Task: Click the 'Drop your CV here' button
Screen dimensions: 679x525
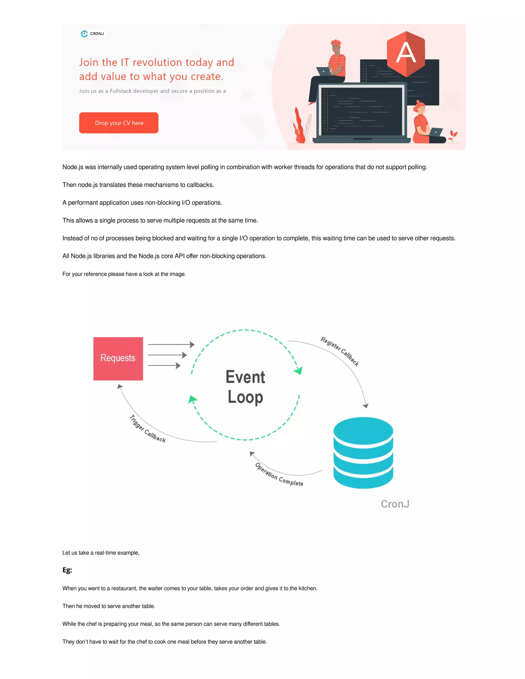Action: click(118, 123)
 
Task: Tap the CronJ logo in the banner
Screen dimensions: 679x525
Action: click(93, 34)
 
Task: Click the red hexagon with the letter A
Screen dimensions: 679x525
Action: click(406, 54)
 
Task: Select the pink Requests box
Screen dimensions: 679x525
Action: click(118, 358)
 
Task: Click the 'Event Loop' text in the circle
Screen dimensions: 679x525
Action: click(245, 387)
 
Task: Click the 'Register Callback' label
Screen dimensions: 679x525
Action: click(340, 351)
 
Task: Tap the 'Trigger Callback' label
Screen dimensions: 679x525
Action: click(147, 429)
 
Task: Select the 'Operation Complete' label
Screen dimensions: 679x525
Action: click(279, 475)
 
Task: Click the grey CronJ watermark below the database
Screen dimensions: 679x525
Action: click(395, 504)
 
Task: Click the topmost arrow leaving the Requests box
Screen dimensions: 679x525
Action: click(171, 344)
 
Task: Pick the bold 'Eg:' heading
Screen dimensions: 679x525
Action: click(67, 570)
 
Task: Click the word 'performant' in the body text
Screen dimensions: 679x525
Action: click(83, 203)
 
